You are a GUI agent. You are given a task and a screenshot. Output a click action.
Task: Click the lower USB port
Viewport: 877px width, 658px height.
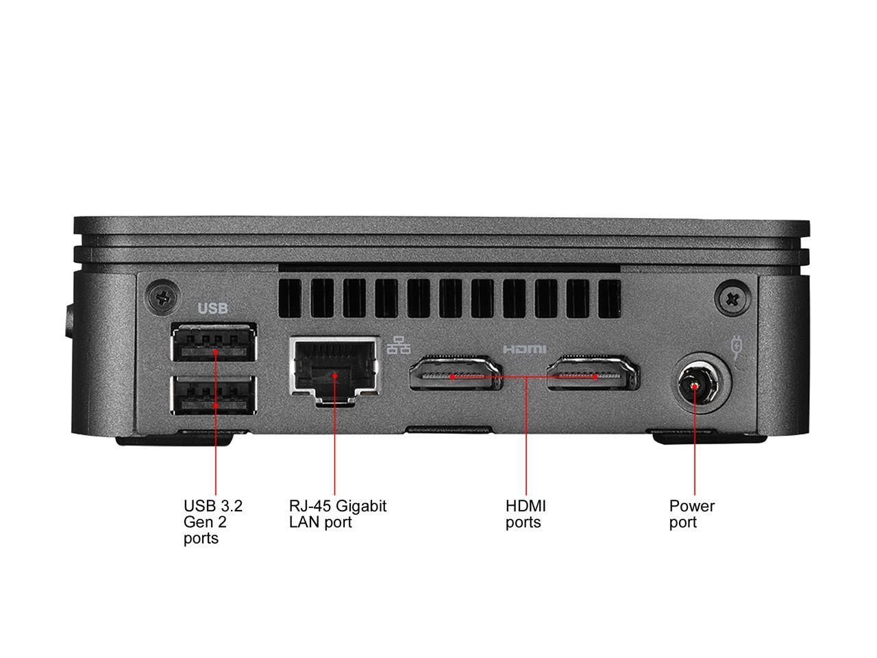214,395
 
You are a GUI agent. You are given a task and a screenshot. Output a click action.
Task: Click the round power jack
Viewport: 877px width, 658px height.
695,386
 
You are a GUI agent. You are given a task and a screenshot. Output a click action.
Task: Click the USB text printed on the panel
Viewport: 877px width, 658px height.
212,308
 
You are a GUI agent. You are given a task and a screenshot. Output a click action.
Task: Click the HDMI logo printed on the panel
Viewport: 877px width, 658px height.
525,349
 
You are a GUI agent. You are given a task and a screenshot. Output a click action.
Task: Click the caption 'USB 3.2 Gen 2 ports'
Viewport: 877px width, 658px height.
212,522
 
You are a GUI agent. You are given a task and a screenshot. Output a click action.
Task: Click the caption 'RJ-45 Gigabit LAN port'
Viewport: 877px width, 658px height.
337,514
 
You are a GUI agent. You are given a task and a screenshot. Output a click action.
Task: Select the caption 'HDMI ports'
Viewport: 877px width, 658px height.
526,514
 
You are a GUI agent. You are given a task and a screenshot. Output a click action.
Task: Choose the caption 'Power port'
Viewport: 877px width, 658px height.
691,514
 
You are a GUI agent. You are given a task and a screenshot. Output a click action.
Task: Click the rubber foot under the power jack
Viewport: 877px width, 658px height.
685,437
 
